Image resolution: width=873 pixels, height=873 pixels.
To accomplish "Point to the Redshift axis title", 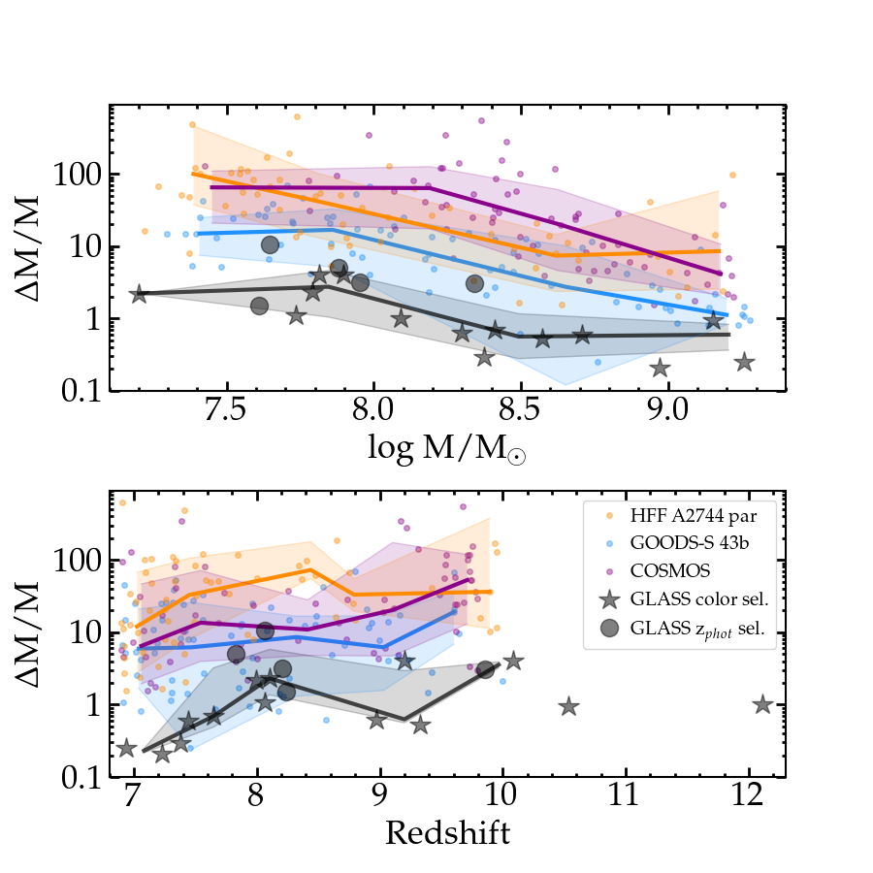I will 446,831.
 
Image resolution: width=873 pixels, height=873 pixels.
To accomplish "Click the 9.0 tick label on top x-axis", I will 667,412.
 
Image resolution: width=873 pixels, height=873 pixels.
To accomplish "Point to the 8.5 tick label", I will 520,412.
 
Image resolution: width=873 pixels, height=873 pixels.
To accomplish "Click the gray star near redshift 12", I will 762,705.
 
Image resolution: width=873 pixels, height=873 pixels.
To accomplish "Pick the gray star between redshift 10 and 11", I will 568,707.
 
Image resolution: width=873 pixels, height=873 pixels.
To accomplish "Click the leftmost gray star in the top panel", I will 139,294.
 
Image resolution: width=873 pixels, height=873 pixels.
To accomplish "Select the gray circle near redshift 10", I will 486,670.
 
